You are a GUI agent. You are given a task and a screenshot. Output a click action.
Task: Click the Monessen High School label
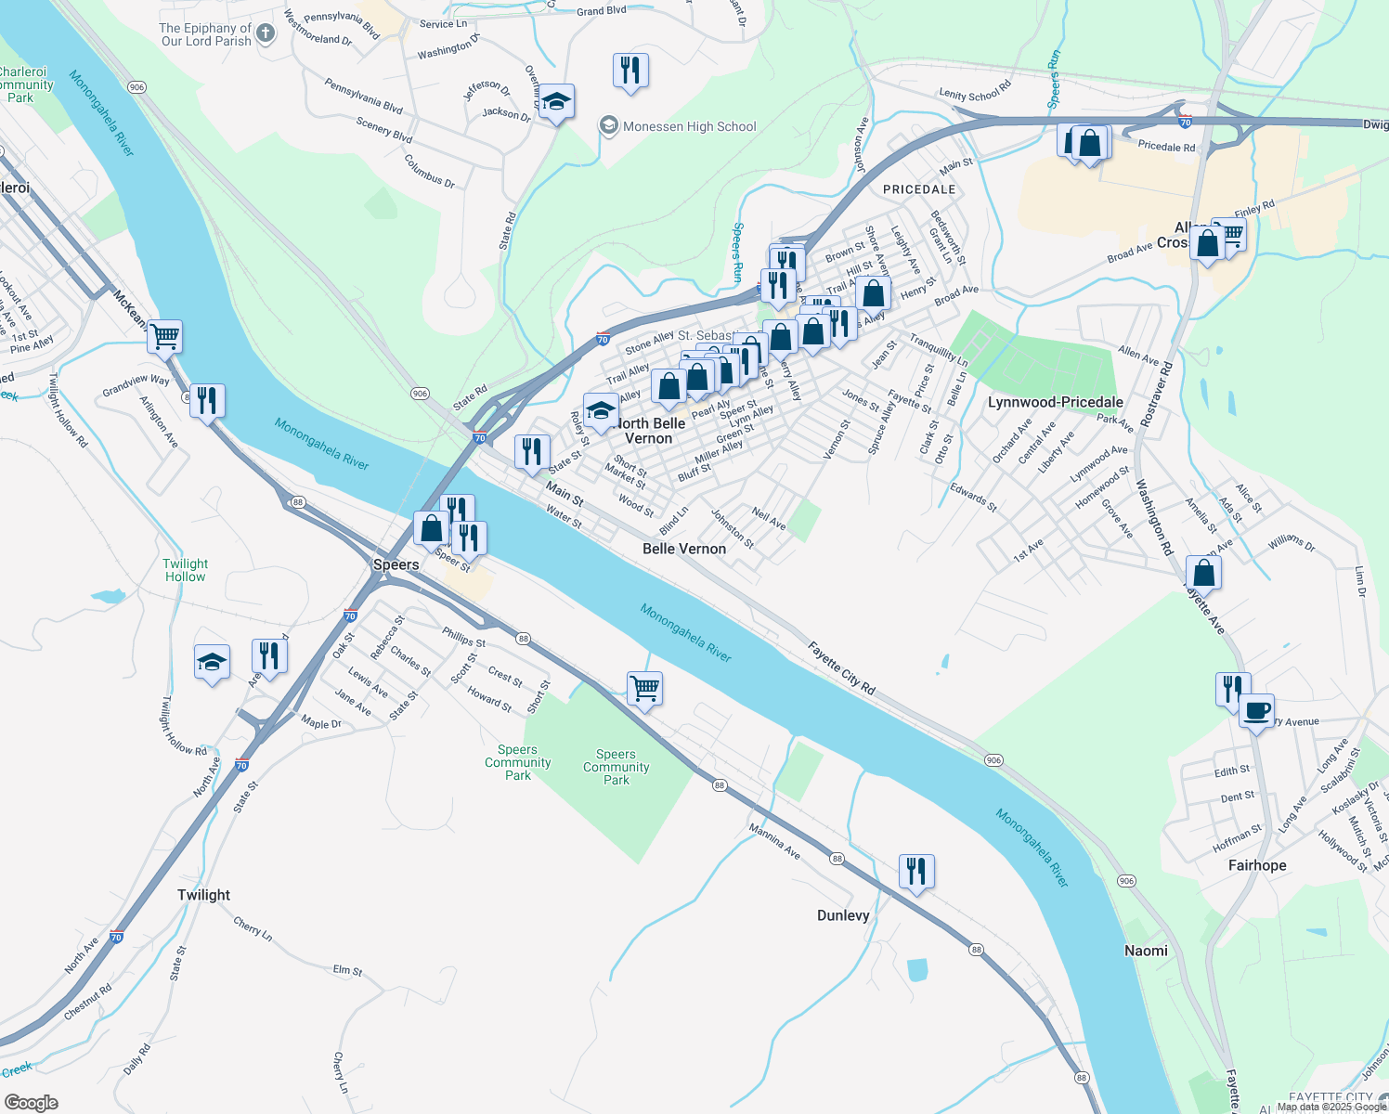click(x=689, y=126)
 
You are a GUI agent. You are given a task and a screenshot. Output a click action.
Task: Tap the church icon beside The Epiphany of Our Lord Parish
click(x=266, y=34)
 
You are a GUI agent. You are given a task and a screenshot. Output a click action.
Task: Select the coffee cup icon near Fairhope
click(x=1256, y=712)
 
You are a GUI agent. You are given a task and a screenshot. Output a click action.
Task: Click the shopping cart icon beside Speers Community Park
click(x=644, y=689)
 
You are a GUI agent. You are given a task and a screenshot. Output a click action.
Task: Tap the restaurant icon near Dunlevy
click(x=916, y=872)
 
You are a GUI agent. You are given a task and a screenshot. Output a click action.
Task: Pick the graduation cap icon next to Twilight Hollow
click(x=212, y=663)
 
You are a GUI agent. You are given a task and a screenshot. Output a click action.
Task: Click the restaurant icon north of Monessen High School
click(x=630, y=70)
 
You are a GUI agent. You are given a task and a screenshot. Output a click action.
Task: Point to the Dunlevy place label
click(x=843, y=915)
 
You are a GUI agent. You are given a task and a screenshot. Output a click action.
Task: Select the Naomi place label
click(x=1146, y=951)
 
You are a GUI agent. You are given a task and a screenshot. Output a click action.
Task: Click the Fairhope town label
click(x=1257, y=865)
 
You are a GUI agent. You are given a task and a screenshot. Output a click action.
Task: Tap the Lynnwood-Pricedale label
click(x=1055, y=402)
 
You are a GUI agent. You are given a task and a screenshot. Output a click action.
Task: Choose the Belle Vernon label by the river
click(x=684, y=549)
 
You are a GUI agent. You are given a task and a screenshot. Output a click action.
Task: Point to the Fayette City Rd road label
click(x=840, y=667)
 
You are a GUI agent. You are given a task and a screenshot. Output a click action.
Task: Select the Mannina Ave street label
click(x=774, y=840)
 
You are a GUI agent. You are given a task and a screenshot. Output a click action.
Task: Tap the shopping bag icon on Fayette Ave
click(x=1203, y=573)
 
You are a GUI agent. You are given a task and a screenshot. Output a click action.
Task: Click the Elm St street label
click(x=347, y=970)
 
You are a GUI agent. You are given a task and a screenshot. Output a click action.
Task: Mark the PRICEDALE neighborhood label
click(x=918, y=189)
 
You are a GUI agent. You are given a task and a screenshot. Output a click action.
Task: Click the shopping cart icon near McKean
click(x=164, y=336)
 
